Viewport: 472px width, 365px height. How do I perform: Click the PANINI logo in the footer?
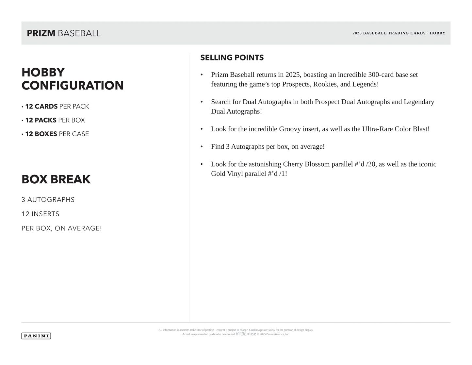point(36,336)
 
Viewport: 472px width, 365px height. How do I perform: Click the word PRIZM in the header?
point(41,33)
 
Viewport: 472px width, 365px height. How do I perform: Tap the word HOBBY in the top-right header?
point(437,33)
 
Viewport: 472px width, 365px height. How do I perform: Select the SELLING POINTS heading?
point(232,58)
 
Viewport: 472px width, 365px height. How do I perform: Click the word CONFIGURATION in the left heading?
point(73,86)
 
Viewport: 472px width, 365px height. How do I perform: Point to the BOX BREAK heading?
point(56,179)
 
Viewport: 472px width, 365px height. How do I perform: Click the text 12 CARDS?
point(41,107)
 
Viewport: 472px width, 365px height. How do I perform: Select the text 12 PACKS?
point(41,120)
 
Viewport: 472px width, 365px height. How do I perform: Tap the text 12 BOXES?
point(41,134)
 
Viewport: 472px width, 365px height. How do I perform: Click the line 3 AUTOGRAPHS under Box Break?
point(48,200)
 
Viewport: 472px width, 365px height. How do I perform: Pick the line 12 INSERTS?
point(41,214)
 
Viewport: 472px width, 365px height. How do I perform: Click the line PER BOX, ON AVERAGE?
point(61,228)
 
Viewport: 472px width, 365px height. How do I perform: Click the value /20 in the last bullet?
point(371,164)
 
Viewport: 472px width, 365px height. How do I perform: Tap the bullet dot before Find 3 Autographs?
point(202,147)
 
